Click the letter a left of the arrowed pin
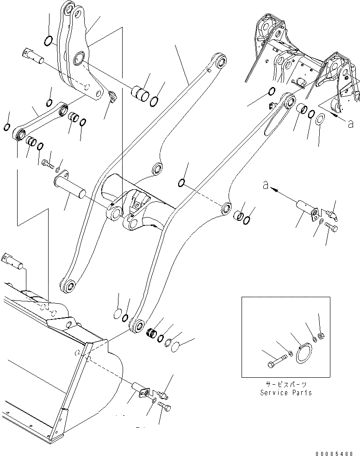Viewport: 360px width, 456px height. coord(265,184)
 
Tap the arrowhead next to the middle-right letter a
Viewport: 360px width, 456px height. coord(273,189)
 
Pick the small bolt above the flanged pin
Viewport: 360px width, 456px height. coord(47,162)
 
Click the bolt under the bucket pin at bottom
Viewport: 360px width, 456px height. coord(166,408)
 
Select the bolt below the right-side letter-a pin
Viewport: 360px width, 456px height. coord(331,227)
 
